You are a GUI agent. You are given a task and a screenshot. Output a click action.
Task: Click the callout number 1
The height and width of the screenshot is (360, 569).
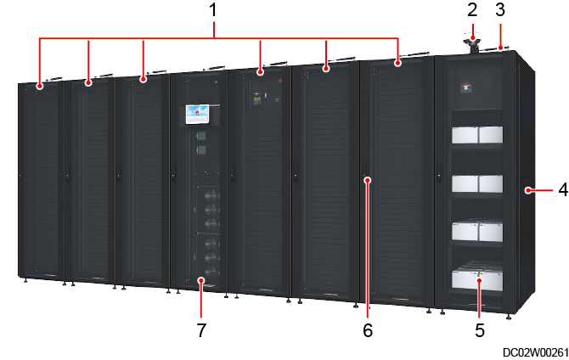213,11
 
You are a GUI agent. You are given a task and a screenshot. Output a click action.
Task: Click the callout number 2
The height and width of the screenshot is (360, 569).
473,10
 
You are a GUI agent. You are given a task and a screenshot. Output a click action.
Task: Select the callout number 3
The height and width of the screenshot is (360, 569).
501,10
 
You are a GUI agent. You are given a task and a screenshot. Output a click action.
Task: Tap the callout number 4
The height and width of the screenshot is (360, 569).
561,190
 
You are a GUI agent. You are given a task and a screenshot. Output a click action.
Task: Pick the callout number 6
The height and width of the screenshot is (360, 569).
368,329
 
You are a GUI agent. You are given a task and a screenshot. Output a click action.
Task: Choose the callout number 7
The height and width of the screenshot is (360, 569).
201,329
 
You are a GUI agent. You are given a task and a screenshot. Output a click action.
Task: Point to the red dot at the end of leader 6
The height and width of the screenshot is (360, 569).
367,179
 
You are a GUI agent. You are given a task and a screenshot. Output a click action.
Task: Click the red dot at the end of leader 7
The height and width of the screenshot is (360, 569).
201,279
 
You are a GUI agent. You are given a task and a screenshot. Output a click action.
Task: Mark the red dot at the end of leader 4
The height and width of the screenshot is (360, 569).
528,191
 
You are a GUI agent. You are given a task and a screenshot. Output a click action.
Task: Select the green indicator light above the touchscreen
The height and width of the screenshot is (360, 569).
217,83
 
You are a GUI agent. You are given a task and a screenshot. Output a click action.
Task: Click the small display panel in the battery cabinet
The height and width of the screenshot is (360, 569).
465,86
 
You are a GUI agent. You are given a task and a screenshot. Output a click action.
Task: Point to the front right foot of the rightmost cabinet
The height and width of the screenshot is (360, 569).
508,318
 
